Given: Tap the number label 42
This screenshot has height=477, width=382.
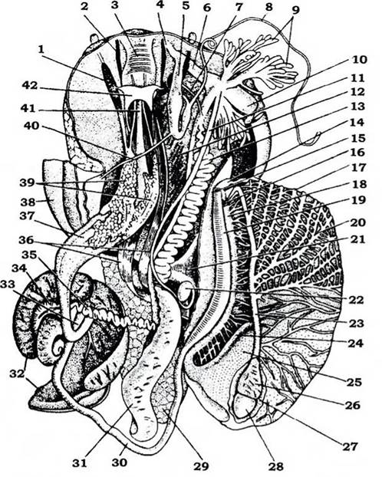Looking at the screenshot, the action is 29,86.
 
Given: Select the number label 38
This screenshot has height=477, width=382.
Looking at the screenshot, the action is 28,201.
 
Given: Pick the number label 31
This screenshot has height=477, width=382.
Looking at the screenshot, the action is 80,462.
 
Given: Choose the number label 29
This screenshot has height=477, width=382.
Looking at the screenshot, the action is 201,465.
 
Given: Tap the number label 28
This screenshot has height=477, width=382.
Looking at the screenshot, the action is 276,465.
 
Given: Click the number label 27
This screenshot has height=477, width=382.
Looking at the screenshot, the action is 350,446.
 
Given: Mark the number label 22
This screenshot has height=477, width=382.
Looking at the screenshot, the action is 356,301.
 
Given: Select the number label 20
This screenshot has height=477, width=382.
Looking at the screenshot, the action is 358,222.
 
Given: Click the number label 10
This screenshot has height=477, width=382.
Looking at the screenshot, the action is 360,60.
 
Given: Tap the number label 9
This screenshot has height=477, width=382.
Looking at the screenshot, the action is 295,10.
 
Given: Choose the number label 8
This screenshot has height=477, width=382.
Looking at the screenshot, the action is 268,7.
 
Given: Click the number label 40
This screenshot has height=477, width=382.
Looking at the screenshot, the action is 31,125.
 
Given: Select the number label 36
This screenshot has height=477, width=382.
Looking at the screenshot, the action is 27,241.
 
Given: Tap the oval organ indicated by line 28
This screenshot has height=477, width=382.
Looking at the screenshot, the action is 246,408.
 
